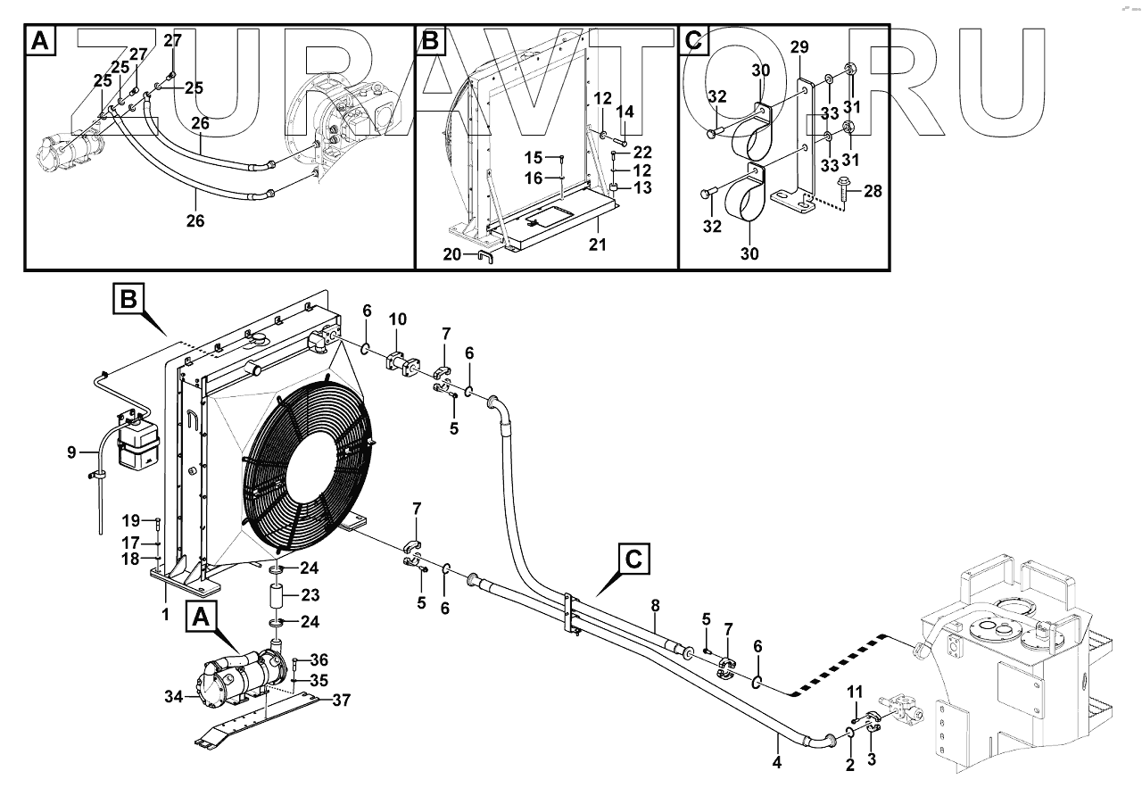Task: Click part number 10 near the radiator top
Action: (x=398, y=319)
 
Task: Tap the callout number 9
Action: (x=72, y=452)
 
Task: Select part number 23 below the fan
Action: (x=311, y=595)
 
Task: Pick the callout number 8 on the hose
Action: (x=655, y=606)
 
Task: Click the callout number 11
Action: (x=854, y=692)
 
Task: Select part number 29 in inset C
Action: (x=799, y=46)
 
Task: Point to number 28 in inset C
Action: (x=872, y=192)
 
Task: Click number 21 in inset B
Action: (x=597, y=244)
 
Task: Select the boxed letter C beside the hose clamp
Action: (x=632, y=560)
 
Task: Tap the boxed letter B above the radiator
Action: (x=128, y=297)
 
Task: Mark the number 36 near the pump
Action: (x=319, y=660)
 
